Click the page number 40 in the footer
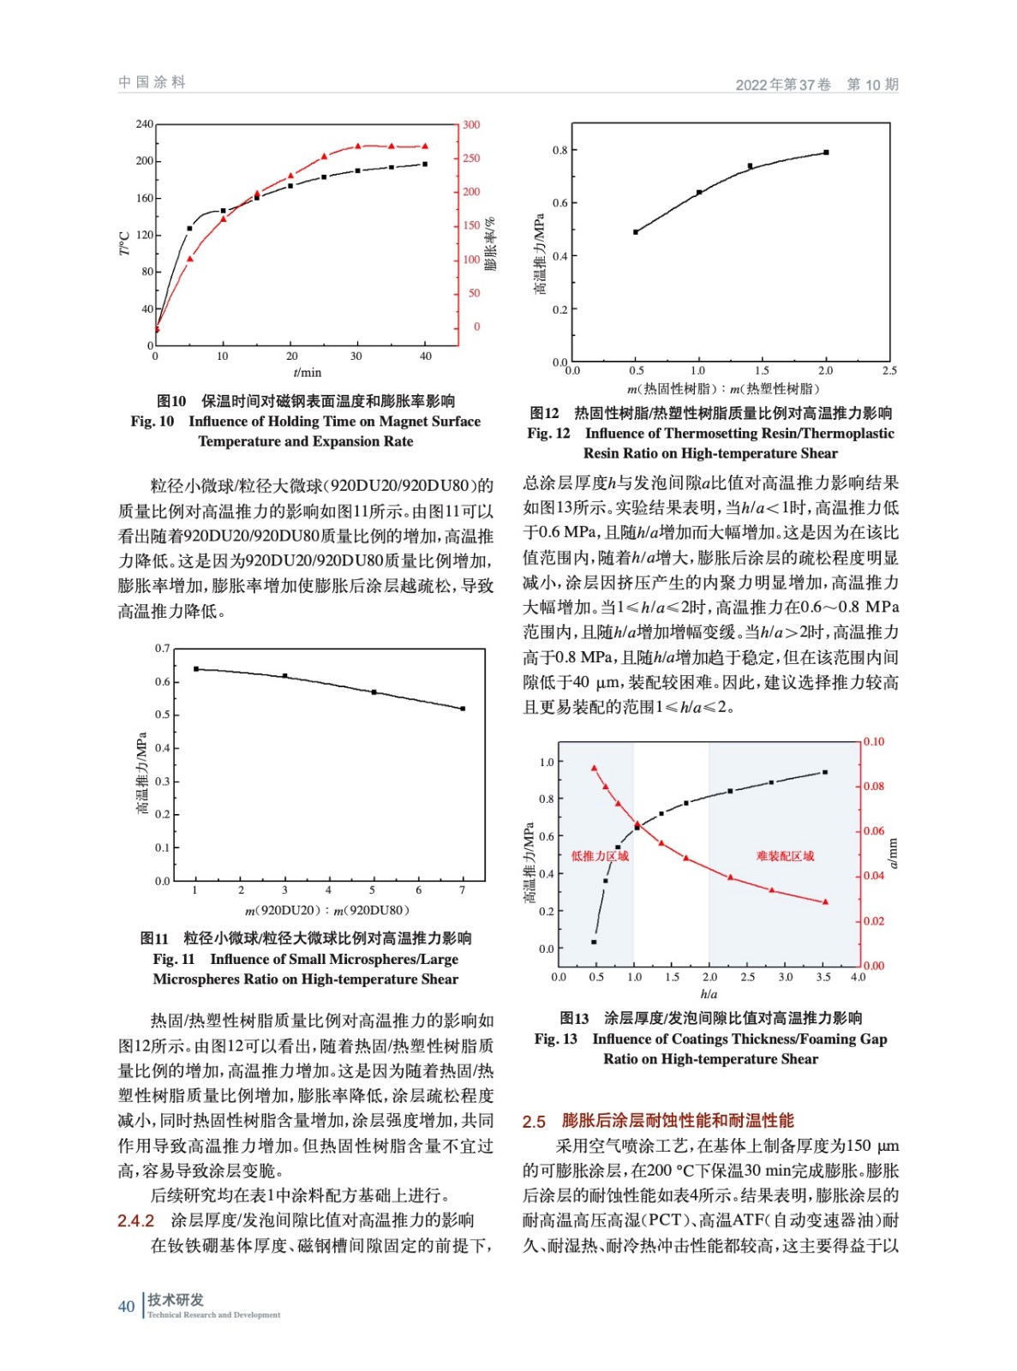point(126,1306)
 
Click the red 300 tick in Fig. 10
point(471,125)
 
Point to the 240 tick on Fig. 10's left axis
point(144,124)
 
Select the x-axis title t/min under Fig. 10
point(308,372)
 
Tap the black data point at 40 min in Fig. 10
point(425,164)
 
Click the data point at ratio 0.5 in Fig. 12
point(636,232)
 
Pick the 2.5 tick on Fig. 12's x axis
point(889,370)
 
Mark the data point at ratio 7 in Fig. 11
point(463,709)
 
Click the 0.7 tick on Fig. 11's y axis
point(162,649)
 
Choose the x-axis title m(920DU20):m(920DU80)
point(327,910)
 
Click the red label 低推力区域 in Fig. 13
point(600,856)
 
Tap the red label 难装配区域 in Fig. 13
point(785,856)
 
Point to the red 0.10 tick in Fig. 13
point(873,742)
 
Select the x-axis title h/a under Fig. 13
point(709,994)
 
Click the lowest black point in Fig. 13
point(594,942)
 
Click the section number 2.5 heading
point(534,1121)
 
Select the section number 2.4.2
point(135,1220)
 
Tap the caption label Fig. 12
point(548,434)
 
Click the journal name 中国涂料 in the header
point(152,82)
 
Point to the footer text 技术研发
point(176,1300)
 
